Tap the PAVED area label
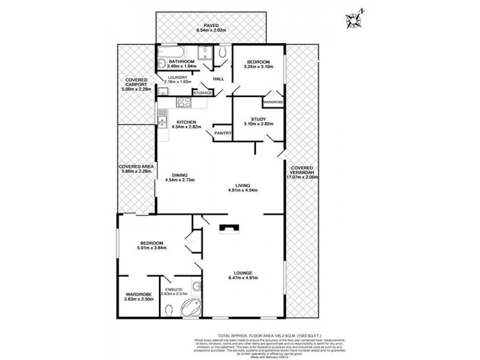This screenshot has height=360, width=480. pyautogui.click(x=211, y=26)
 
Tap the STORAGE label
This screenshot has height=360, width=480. pyautogui.click(x=202, y=93)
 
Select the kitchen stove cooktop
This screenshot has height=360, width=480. pyautogui.click(x=183, y=103)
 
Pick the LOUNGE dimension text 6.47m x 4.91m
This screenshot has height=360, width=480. pyautogui.click(x=243, y=278)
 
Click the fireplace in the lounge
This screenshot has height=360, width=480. pyautogui.click(x=228, y=227)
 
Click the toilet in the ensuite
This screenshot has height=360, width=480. pyautogui.click(x=169, y=309)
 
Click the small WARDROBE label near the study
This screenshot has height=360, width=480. pyautogui.click(x=273, y=103)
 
